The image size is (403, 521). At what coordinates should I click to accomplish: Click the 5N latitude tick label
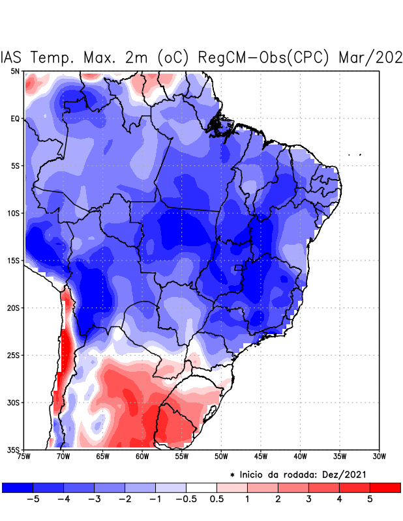point(15,71)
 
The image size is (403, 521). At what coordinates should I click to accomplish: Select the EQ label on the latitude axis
point(15,119)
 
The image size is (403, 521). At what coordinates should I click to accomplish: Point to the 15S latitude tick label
point(13,260)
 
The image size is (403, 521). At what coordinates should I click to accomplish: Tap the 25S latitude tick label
point(13,355)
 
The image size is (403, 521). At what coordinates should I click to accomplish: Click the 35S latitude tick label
point(13,449)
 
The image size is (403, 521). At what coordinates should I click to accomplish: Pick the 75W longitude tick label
point(25,457)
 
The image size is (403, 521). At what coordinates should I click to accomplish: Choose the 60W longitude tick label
point(142,457)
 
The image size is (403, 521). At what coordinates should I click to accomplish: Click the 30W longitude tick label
point(379,457)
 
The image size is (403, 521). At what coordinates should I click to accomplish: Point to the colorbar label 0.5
point(217,500)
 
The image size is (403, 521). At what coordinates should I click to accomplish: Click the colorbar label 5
point(370,500)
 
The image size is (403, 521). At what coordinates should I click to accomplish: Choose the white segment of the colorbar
point(201,487)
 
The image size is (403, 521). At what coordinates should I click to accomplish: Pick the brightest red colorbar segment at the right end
point(385,487)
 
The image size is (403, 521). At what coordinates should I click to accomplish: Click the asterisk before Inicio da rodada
point(232,475)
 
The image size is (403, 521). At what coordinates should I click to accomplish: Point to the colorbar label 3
point(308,500)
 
